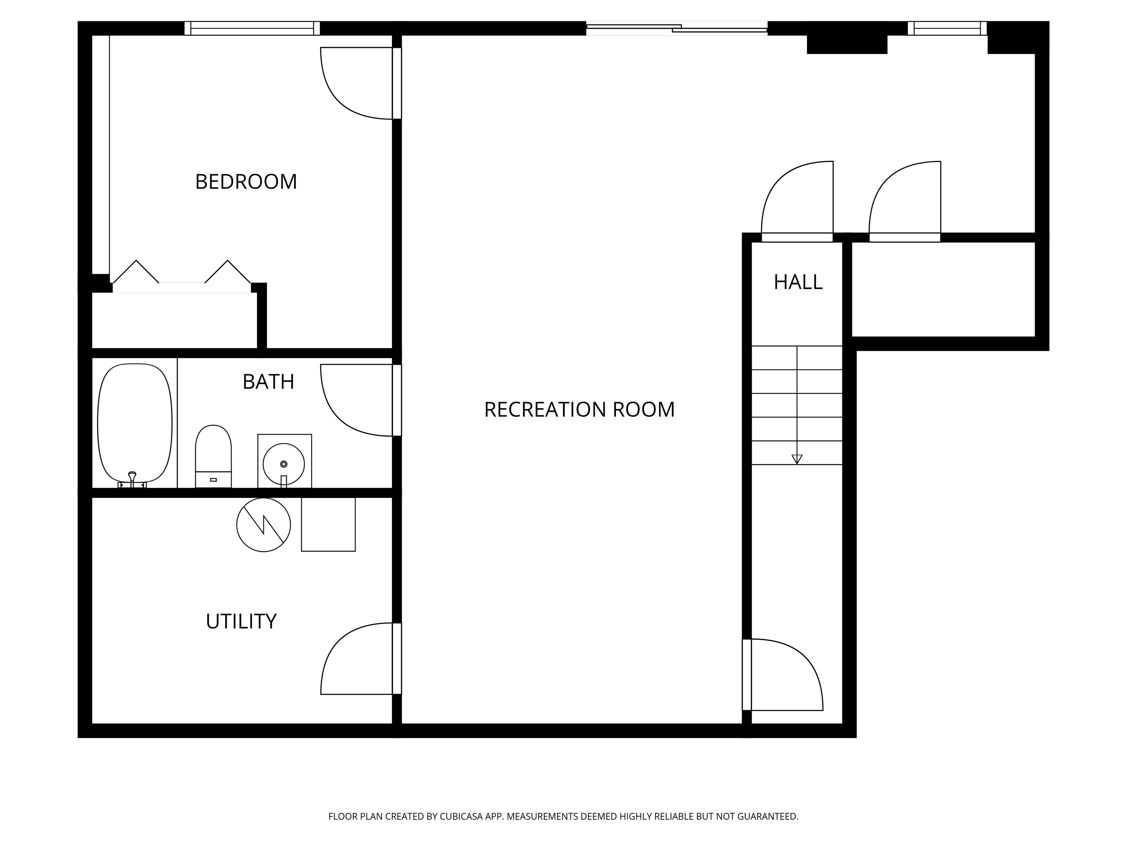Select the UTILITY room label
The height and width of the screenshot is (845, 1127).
coord(241,621)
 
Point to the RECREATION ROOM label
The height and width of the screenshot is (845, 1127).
coord(579,410)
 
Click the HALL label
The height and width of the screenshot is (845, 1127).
coord(798,282)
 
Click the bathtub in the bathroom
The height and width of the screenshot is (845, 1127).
coord(135,423)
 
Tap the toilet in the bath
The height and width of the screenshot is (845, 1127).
coord(214,456)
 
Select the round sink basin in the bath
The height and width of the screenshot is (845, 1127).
coord(284,464)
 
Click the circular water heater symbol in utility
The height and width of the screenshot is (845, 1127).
coord(263,524)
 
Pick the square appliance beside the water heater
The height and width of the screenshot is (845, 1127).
coord(328,524)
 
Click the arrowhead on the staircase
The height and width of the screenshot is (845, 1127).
coord(797,459)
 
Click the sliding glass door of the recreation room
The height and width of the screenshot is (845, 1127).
coord(676,29)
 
